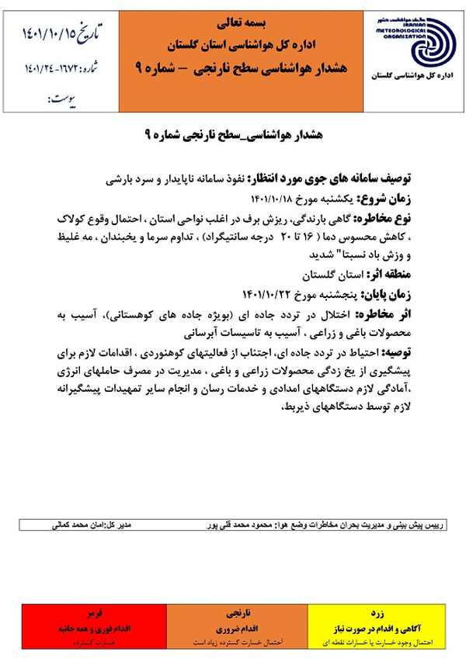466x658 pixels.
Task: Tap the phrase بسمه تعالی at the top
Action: (232, 17)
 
